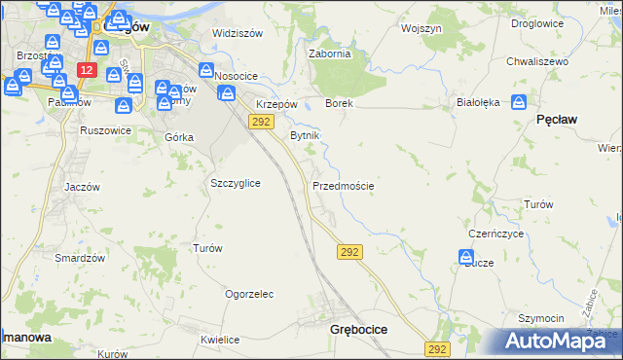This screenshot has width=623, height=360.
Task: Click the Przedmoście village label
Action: pyautogui.click(x=344, y=185)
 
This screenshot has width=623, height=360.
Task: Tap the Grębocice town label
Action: pyautogui.click(x=359, y=330)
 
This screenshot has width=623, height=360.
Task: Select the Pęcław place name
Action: pyautogui.click(x=558, y=119)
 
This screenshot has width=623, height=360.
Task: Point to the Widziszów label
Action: pyautogui.click(x=238, y=33)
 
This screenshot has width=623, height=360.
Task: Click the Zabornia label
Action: pyautogui.click(x=329, y=54)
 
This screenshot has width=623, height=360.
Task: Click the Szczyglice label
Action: pyautogui.click(x=236, y=183)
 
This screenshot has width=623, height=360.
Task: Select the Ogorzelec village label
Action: pyautogui.click(x=249, y=293)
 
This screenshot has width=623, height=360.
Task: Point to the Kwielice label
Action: pyautogui.click(x=220, y=340)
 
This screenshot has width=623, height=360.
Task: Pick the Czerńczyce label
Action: pyautogui.click(x=496, y=234)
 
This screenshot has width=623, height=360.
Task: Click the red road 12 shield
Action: pyautogui.click(x=88, y=71)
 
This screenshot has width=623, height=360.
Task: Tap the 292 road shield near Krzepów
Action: pyautogui.click(x=260, y=121)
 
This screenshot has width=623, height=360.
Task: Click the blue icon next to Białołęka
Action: pyautogui.click(x=520, y=101)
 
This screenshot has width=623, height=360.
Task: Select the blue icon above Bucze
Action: pyautogui.click(x=466, y=258)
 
